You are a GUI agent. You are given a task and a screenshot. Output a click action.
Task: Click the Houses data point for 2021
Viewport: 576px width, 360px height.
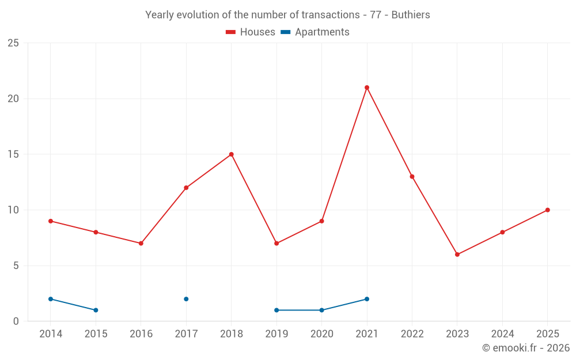(x=366, y=88)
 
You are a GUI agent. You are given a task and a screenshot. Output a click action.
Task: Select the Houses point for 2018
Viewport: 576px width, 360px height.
(x=231, y=154)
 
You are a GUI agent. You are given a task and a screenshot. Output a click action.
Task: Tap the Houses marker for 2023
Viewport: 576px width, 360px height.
(x=457, y=255)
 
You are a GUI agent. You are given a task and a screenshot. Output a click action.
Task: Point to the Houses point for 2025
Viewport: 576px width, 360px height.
(x=547, y=210)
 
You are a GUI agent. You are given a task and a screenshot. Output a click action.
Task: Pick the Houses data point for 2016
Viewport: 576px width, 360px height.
(x=141, y=244)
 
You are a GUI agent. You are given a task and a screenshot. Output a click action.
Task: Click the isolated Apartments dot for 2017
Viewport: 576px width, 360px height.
(x=186, y=299)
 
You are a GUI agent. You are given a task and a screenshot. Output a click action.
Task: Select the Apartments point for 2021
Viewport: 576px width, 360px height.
(x=366, y=299)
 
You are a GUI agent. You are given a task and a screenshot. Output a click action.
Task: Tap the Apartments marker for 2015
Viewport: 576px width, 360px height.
(x=96, y=310)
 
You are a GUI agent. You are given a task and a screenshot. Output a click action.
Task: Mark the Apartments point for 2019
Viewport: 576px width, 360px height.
(x=276, y=310)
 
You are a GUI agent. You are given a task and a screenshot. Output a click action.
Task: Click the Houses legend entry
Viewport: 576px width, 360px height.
(x=251, y=32)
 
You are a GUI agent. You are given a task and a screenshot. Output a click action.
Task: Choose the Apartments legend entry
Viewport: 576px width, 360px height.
(x=315, y=32)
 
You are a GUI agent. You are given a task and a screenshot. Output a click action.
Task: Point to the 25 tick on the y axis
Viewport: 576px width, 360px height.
(x=13, y=43)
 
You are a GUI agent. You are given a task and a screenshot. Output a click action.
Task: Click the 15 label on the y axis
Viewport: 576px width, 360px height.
(x=13, y=154)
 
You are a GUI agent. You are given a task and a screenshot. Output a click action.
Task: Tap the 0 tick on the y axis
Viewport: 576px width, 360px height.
(x=16, y=321)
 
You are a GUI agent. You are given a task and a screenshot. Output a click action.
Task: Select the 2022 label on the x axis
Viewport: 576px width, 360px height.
(x=412, y=334)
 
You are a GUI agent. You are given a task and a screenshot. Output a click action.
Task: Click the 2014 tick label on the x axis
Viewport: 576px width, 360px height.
(x=51, y=334)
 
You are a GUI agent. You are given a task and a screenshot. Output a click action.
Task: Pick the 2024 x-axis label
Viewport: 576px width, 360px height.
(x=502, y=334)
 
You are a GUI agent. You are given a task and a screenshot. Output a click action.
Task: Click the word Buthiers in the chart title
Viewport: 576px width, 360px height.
(x=411, y=15)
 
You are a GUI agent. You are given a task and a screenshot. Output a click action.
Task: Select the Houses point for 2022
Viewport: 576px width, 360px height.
(x=412, y=177)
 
